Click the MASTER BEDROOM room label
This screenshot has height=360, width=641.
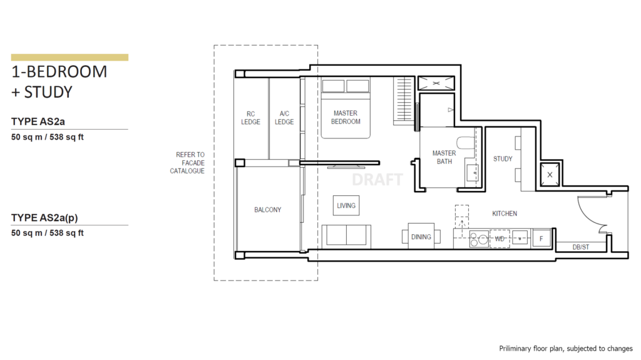click(346, 118)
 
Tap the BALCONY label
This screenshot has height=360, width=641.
click(267, 210)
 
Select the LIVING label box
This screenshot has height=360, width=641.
click(346, 205)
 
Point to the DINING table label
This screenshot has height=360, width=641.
click(421, 237)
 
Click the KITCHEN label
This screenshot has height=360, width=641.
click(505, 213)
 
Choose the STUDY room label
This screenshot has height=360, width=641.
click(503, 159)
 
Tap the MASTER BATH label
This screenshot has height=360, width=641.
click(444, 157)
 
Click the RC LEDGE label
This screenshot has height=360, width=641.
click(250, 118)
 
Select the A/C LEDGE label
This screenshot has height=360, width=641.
click(284, 118)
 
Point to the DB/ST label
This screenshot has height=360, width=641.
click(581, 247)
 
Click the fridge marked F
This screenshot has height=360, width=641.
click(542, 239)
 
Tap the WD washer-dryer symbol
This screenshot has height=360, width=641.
click(500, 239)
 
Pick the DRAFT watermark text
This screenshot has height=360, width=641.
click(377, 180)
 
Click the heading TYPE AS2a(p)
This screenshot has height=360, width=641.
click(49, 218)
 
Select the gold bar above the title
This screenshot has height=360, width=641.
click(69, 57)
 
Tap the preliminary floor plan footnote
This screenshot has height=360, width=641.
click(565, 348)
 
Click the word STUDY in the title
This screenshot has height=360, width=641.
click(48, 93)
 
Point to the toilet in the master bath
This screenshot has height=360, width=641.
click(464, 142)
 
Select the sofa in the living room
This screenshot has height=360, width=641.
click(347, 235)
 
